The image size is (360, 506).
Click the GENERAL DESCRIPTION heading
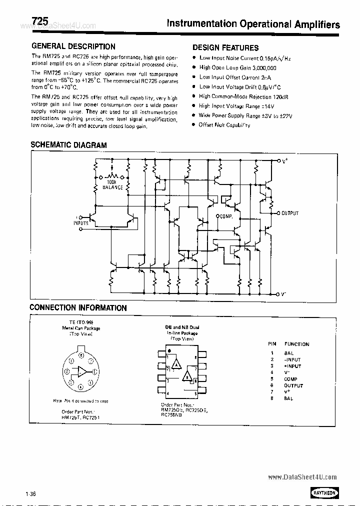click(73, 46)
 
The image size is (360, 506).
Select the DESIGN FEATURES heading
click(225, 48)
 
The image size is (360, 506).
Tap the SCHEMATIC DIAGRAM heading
click(68, 145)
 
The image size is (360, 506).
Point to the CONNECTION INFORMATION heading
click(78, 307)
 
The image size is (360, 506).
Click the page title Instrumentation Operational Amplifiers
click(253, 24)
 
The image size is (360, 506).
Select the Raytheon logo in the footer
click(324, 492)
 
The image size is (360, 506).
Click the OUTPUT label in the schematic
click(289, 213)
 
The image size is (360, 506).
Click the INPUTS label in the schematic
click(81, 223)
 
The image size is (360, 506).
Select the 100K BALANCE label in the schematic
click(112, 184)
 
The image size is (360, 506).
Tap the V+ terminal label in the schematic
click(284, 161)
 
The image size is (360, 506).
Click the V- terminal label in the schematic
click(283, 294)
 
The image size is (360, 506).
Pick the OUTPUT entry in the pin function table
click(293, 385)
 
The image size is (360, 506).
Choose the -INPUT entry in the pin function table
click(292, 359)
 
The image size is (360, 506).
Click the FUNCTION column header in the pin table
click(296, 344)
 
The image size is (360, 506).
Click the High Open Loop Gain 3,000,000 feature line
click(237, 67)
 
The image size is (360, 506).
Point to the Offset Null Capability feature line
click(224, 125)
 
